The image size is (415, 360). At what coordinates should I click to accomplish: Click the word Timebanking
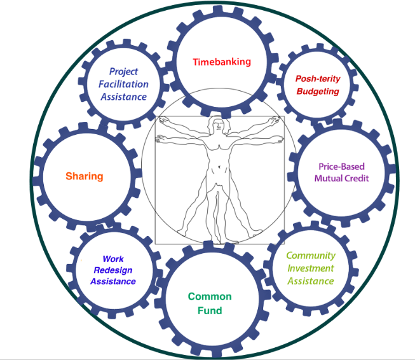(x=222, y=62)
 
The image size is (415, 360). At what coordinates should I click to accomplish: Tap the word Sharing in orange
(x=84, y=176)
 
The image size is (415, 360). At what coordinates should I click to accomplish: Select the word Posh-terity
(x=318, y=79)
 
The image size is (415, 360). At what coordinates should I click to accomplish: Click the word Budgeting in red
(x=318, y=92)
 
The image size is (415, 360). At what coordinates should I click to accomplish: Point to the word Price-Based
(x=341, y=167)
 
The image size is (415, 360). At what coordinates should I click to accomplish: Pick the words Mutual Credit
(x=341, y=179)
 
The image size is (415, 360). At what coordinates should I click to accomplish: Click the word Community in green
(x=310, y=256)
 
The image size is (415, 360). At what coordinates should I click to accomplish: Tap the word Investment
(x=310, y=268)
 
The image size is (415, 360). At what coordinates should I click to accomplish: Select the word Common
(x=210, y=296)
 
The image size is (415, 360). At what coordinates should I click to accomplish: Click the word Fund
(x=210, y=310)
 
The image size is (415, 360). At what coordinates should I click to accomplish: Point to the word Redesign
(x=113, y=270)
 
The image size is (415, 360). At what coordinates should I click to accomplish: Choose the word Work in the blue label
(x=113, y=259)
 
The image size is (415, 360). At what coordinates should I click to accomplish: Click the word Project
(x=124, y=71)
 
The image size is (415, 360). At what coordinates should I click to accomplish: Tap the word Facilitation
(x=124, y=84)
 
